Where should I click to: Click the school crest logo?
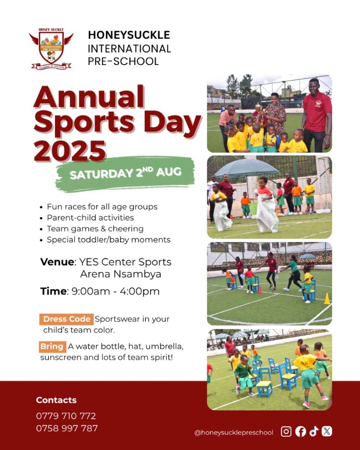point(51,49)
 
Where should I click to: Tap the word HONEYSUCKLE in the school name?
point(129,35)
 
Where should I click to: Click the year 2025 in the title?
point(70,151)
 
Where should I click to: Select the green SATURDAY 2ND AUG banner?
point(125,173)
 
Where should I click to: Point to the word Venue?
point(57,262)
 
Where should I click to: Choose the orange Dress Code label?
point(67,319)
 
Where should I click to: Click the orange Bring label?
point(53,347)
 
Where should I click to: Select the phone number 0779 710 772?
point(66,416)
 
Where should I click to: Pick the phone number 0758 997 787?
point(67,428)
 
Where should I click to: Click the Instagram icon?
point(286,432)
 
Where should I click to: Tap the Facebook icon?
point(301,432)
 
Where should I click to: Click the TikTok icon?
point(314,431)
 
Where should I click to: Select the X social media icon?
point(327,431)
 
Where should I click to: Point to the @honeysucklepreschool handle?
point(234,432)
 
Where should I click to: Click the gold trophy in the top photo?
point(258,108)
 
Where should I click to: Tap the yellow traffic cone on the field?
point(327,299)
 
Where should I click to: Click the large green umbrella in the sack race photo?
point(247,168)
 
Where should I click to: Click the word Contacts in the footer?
point(56,400)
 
